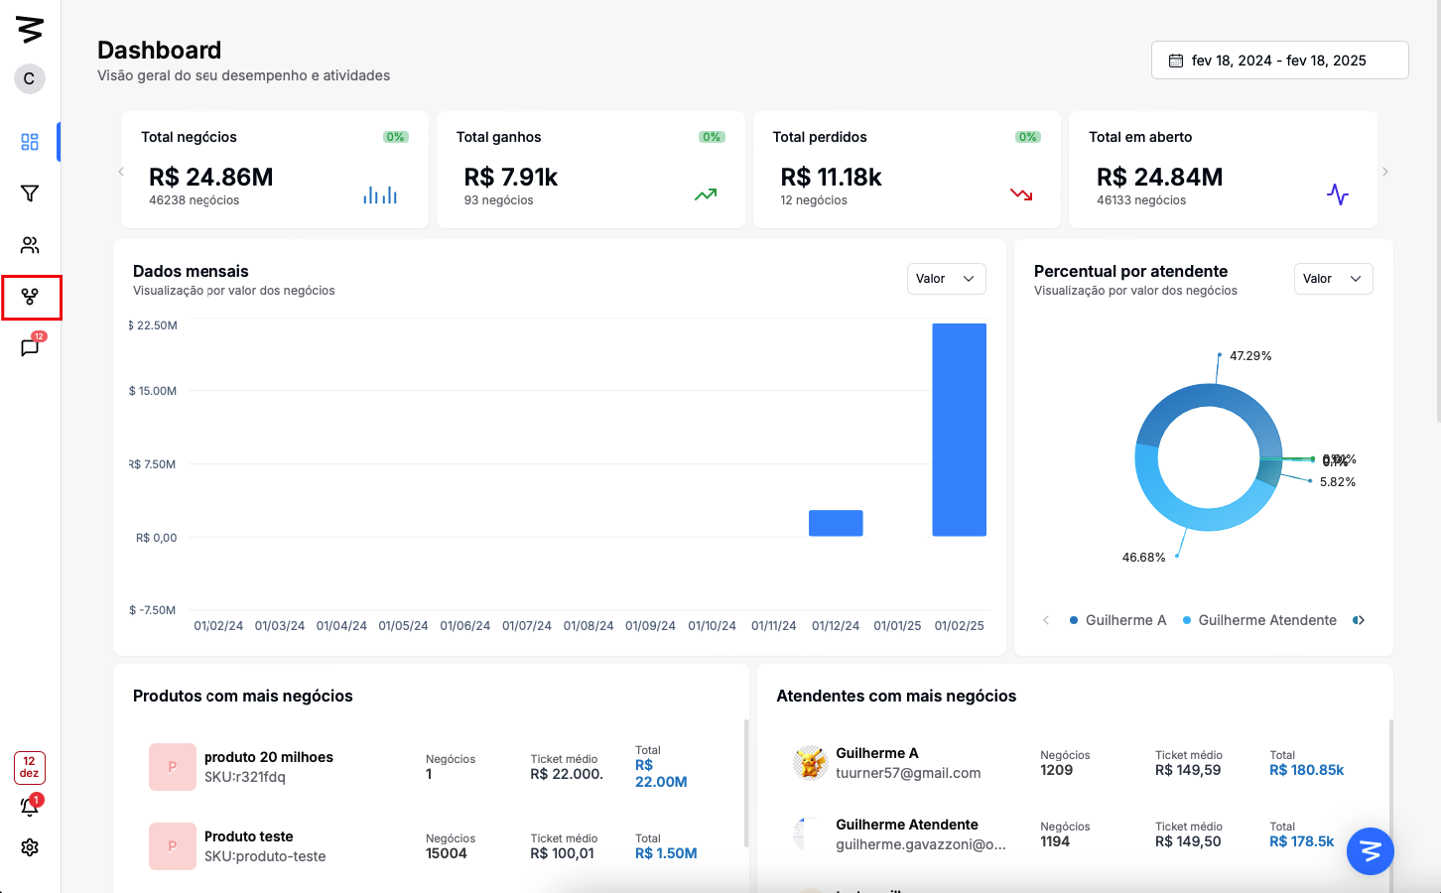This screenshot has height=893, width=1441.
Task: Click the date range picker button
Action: pyautogui.click(x=1279, y=61)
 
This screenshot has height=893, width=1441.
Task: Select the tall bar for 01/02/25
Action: pyautogui.click(x=959, y=430)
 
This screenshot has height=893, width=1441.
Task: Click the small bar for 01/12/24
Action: pyautogui.click(x=836, y=523)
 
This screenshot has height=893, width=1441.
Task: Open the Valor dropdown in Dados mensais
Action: pyautogui.click(x=946, y=279)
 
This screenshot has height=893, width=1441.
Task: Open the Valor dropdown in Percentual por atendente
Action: pyautogui.click(x=1333, y=279)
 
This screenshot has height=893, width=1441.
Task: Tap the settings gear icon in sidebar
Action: pyautogui.click(x=30, y=847)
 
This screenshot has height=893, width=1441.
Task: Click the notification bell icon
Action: pyautogui.click(x=30, y=807)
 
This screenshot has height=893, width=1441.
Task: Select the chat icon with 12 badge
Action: pyautogui.click(x=30, y=347)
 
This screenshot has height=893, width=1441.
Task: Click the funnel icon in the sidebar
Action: pyautogui.click(x=30, y=193)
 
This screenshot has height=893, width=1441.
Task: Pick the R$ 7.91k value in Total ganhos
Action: pyautogui.click(x=511, y=178)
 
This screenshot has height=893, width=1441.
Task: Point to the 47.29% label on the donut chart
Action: pyautogui.click(x=1250, y=356)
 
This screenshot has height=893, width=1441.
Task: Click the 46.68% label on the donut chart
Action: pyautogui.click(x=1143, y=558)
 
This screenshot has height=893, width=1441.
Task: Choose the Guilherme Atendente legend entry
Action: pyautogui.click(x=1266, y=620)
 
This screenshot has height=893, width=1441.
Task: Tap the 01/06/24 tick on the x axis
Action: pyautogui.click(x=465, y=626)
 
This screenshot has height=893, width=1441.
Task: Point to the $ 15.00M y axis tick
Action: pyautogui.click(x=153, y=391)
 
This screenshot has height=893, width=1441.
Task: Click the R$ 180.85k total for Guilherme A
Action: pyautogui.click(x=1306, y=770)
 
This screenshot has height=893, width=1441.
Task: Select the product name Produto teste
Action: pyautogui.click(x=249, y=836)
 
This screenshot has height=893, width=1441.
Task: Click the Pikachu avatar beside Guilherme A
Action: pyautogui.click(x=810, y=763)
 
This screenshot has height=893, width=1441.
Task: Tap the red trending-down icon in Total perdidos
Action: pyautogui.click(x=1021, y=194)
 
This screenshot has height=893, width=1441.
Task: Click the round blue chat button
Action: pyautogui.click(x=1371, y=851)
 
